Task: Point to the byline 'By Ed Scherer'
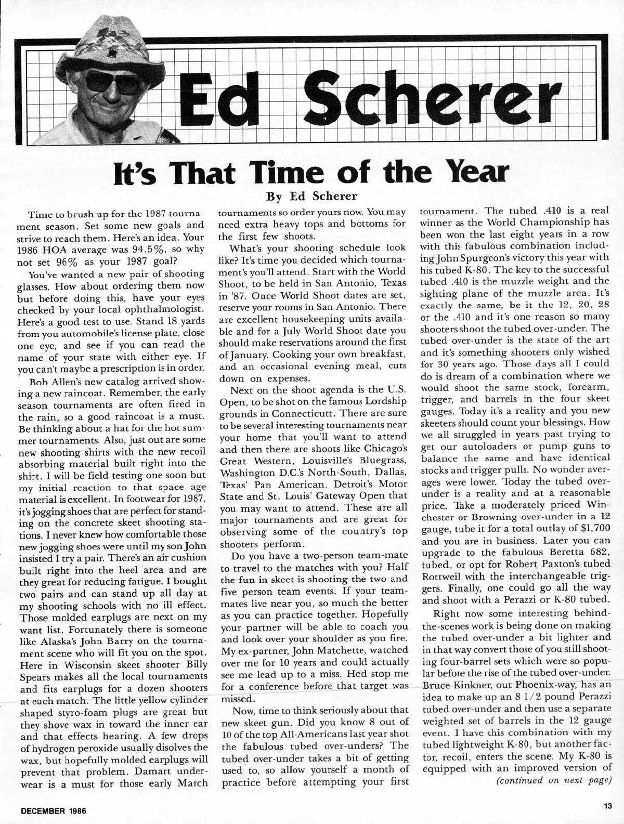point(311,196)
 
